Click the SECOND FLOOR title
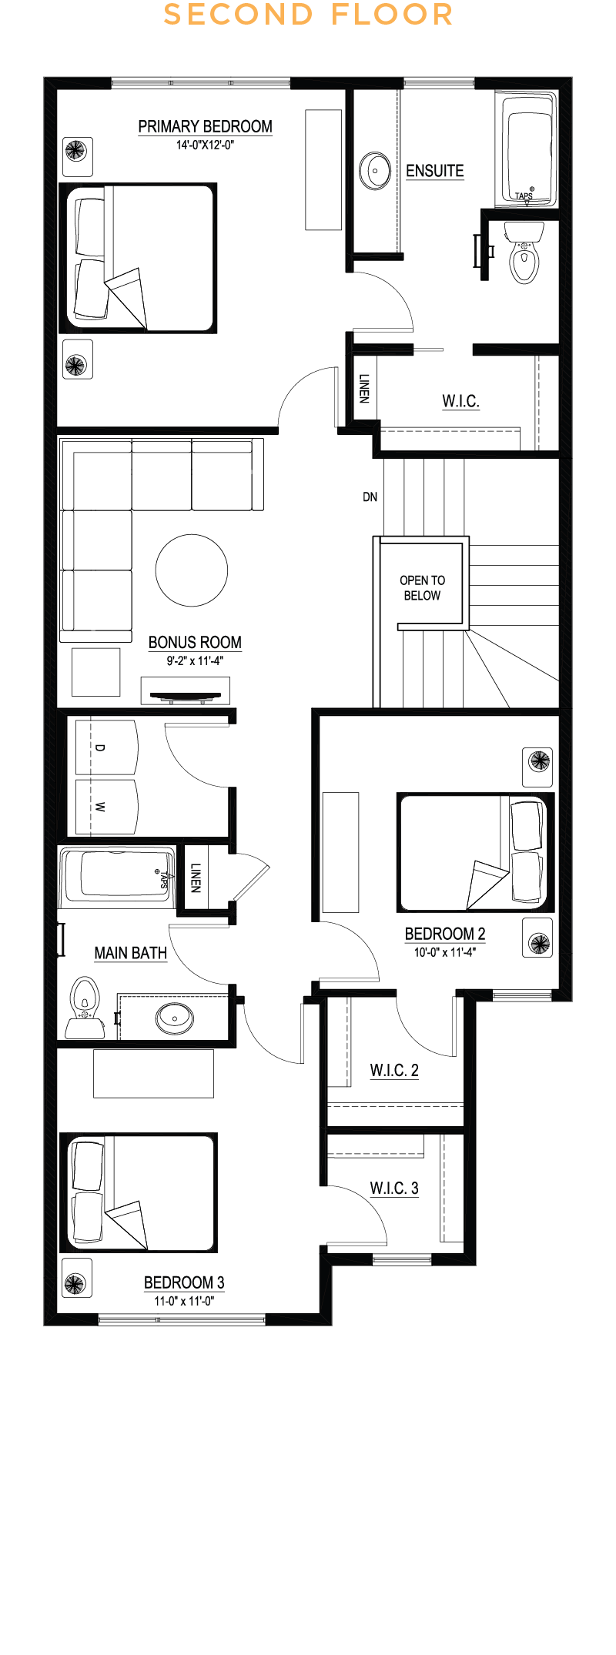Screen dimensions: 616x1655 (308, 15)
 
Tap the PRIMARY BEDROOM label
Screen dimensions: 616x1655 (205, 127)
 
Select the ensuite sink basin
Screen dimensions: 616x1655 (377, 170)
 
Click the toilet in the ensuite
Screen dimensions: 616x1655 (524, 252)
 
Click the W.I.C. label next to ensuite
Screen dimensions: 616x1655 (460, 401)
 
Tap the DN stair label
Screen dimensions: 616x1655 (370, 497)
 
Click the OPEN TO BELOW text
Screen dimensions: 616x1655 (422, 588)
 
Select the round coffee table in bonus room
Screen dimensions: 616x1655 (192, 570)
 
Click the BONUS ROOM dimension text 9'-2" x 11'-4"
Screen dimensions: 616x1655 (195, 660)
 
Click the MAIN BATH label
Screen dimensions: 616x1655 (130, 953)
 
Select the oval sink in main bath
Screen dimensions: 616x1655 (175, 1018)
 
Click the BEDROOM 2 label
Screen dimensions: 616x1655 (445, 934)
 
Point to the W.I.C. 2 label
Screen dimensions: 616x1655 (394, 1070)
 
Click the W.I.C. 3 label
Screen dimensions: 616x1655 (394, 1188)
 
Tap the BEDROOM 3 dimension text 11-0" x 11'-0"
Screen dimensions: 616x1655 (184, 1301)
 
